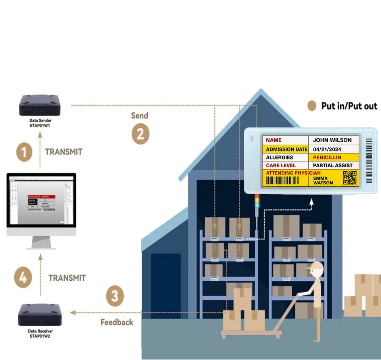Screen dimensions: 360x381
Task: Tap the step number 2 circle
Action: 140,134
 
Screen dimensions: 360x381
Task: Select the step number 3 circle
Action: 115,296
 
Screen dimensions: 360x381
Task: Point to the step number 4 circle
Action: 23,277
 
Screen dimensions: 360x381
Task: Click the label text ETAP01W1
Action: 40,126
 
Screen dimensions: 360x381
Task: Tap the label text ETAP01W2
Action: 40,336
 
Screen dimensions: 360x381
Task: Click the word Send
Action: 140,116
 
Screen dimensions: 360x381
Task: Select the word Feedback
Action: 117,322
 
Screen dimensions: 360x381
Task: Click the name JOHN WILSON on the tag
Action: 332,140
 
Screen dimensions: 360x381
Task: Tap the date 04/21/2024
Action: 327,149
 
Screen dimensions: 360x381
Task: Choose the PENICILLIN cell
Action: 327,157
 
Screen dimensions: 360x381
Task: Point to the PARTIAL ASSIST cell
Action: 333,165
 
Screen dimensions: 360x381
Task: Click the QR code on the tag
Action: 350,178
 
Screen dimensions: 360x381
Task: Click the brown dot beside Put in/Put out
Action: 312,105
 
